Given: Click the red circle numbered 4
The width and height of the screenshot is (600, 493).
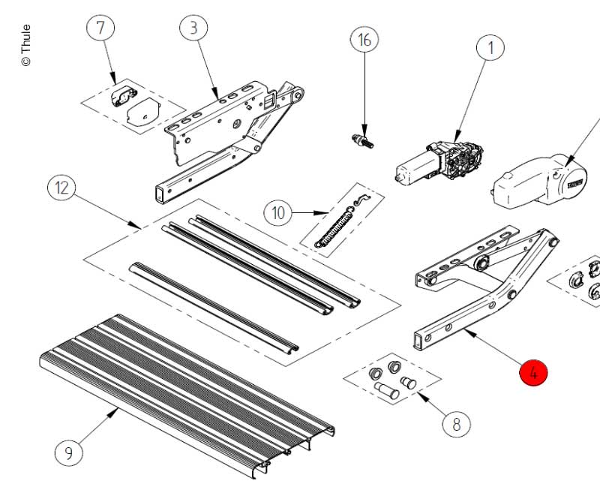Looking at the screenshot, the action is click(533, 373).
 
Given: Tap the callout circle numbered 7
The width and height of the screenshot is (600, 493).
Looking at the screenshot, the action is click(100, 28).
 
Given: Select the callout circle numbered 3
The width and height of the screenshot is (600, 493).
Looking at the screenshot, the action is click(193, 28).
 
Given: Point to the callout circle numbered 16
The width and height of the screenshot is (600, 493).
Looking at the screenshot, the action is click(364, 39).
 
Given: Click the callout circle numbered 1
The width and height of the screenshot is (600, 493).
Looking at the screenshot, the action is click(490, 48).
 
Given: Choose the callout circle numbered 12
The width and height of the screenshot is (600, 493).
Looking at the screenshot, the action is click(61, 188).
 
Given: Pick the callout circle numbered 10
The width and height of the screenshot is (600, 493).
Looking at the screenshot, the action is click(277, 212).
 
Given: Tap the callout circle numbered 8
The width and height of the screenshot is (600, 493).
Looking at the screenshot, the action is click(457, 425).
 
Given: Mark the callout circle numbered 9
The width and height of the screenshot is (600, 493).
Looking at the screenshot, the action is click(69, 452).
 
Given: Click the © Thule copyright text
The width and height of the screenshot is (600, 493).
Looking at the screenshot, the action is click(25, 45).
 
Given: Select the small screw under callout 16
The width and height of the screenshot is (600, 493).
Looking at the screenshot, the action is click(362, 141).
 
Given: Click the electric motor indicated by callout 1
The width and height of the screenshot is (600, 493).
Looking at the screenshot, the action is click(439, 163).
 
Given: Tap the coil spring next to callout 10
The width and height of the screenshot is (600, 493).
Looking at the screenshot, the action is click(334, 228).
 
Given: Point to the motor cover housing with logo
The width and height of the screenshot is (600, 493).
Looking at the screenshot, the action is click(538, 181).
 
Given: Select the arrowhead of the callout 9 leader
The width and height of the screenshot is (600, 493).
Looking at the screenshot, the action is click(114, 412).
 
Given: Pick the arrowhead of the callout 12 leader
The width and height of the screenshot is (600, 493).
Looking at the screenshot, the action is click(136, 225).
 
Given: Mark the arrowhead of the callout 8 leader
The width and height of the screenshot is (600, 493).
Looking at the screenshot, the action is click(423, 396).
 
